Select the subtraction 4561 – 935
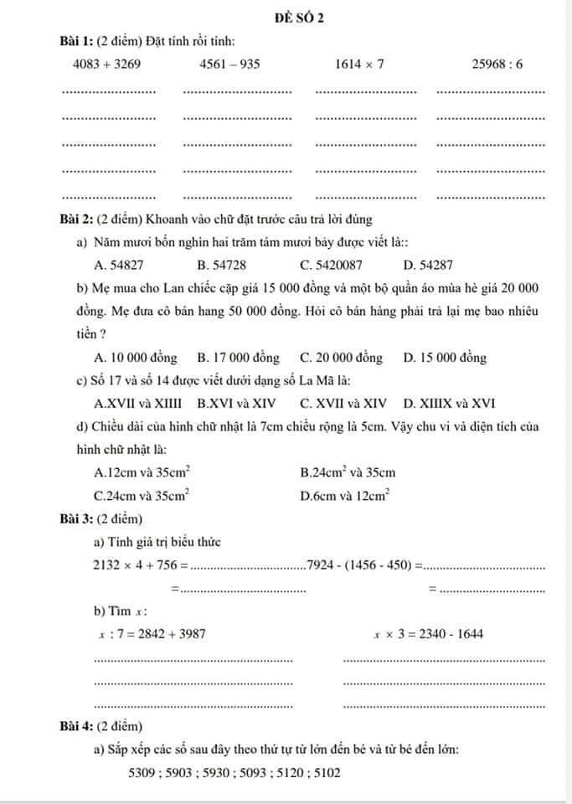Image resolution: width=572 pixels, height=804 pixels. [230, 64]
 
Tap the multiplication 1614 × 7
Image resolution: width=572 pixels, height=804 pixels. [359, 64]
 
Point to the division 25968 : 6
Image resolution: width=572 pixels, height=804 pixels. [497, 64]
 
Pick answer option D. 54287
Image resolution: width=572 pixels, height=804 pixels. [428, 265]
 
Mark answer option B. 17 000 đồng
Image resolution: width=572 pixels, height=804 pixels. [238, 358]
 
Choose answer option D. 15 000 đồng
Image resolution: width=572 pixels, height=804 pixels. [445, 358]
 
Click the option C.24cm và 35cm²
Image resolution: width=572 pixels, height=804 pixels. [142, 496]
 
